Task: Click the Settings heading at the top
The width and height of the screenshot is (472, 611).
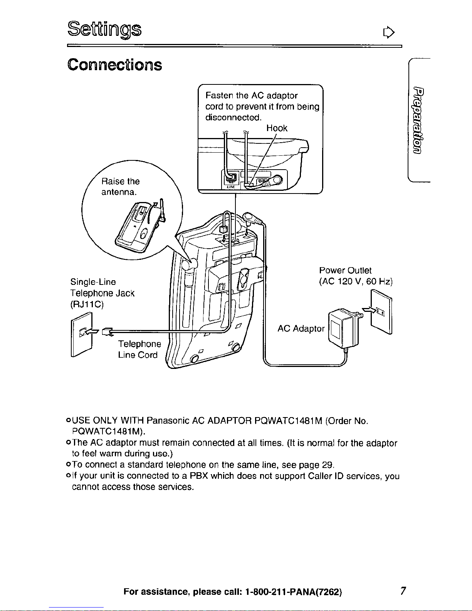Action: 104,30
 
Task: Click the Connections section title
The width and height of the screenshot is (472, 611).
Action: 115,65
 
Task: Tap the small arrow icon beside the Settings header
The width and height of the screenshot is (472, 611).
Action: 389,32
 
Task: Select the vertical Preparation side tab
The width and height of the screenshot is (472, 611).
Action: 418,120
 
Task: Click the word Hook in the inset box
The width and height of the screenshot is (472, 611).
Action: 277,128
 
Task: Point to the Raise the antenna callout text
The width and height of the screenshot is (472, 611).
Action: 120,187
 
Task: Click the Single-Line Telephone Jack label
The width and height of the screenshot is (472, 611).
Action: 102,293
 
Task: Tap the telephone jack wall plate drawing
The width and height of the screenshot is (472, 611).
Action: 82,335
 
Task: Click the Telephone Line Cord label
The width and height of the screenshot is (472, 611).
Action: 139,349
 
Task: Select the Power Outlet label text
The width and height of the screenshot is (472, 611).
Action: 356,276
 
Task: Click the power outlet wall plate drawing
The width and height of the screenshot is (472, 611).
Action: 381,312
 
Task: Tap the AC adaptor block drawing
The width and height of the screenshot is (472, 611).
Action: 343,328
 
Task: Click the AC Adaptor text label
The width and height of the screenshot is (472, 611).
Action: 301,328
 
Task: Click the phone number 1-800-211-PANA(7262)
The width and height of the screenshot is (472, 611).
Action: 294,592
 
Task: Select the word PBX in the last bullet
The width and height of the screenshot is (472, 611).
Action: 199,476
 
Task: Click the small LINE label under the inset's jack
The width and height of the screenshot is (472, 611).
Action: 231,187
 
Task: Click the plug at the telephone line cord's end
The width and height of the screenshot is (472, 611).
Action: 107,332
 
